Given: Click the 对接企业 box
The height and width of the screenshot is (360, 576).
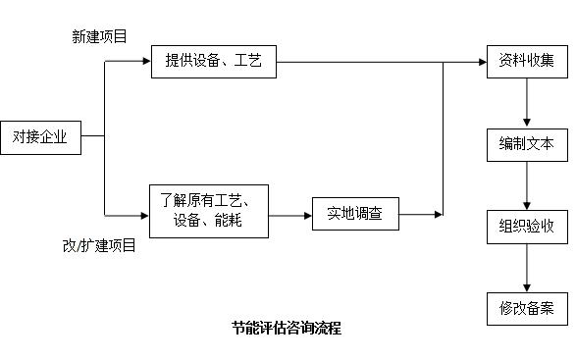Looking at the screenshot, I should click(39, 137).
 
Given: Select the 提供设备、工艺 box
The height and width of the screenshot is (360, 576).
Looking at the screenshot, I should click(213, 62).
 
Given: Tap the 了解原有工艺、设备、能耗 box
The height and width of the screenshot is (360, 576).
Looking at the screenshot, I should click(208, 211).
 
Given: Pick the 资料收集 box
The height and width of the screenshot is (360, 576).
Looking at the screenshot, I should click(526, 62).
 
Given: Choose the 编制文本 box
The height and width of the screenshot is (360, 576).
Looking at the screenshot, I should click(526, 144).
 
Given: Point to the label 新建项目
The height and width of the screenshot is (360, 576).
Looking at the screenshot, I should click(99, 36).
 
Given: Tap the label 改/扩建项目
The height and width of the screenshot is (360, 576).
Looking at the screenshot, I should click(99, 246).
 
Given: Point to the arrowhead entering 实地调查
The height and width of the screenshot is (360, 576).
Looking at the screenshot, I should click(306, 213).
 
